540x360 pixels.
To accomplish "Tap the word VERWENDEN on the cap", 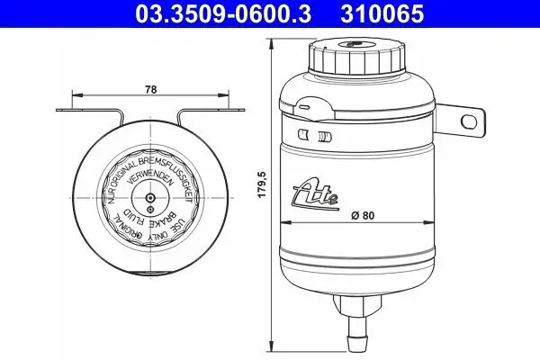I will [148, 178].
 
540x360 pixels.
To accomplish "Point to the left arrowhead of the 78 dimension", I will [75, 94].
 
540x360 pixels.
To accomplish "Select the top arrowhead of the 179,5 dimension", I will [274, 37].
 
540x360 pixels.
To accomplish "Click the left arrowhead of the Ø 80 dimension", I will [287, 223].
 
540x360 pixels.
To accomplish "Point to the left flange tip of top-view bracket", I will [59, 112].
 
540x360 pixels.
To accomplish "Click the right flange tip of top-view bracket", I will [240, 112].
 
